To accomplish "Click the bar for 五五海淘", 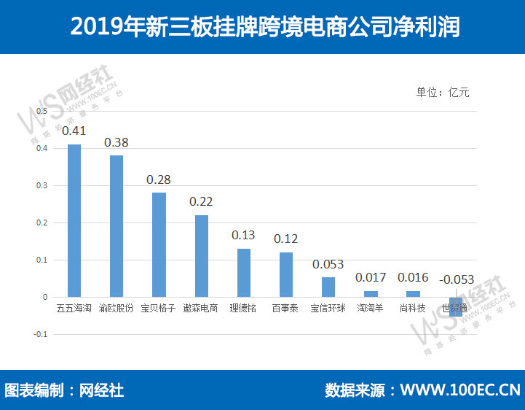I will (x=74, y=220).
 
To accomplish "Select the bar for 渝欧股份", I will (x=117, y=226).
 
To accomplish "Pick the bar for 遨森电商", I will (x=202, y=256).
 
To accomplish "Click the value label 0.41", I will (x=74, y=131).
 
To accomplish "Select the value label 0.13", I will (x=243, y=235).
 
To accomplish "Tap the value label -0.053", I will (x=457, y=279).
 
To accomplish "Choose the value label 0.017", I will (x=371, y=277).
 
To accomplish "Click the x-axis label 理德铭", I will (x=243, y=309).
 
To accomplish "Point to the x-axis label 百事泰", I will (x=285, y=309).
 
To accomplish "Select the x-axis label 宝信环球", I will (x=328, y=309).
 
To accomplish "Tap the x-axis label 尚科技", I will (x=413, y=309).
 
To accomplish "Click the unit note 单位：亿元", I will (x=443, y=93).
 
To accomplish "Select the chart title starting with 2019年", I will (x=262, y=27).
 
